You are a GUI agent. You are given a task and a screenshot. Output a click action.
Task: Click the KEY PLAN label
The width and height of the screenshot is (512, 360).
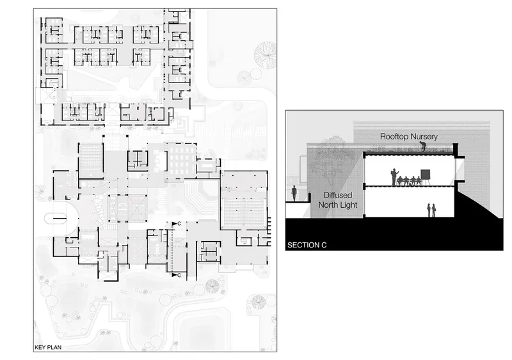pos(48,347)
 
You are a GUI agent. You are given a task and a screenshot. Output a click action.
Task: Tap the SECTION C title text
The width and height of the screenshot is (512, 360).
pos(307,245)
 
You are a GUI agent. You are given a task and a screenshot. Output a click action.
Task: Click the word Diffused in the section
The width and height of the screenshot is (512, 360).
pos(338,195)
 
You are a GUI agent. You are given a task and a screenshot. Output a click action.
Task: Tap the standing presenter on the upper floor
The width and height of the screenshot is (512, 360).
pos(394,177)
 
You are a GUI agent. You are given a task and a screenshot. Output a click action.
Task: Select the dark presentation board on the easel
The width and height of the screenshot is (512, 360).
pos(425,175)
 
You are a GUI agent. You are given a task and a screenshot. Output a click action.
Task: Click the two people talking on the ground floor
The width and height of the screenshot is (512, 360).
pos(431,210)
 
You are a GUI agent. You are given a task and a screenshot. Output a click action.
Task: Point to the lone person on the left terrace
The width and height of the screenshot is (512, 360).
pos(294,194)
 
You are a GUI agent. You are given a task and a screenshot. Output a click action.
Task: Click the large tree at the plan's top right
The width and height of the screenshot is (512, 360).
pos(265,55)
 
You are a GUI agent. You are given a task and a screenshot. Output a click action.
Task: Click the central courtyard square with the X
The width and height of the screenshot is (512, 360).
pos(127,208)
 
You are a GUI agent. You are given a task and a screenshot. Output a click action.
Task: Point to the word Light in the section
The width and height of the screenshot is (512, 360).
pos(349,205)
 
